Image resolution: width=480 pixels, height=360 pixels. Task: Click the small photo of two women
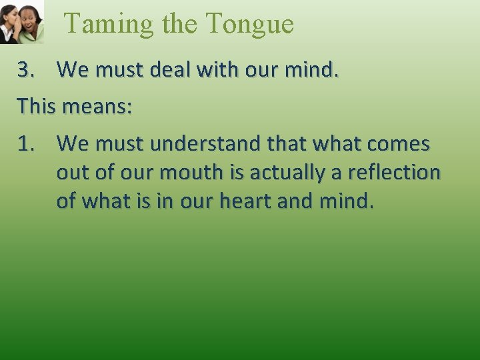(21, 21)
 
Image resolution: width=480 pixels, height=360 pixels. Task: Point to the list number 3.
(27, 69)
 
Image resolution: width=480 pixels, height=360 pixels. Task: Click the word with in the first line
(216, 69)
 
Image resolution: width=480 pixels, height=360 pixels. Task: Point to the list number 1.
(27, 143)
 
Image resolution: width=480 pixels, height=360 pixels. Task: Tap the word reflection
(400, 173)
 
